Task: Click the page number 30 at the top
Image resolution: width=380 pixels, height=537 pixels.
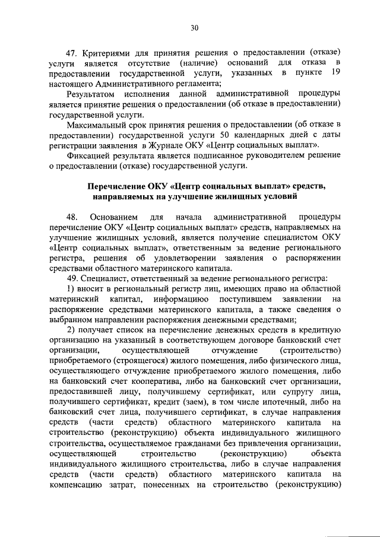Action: tap(194, 27)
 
